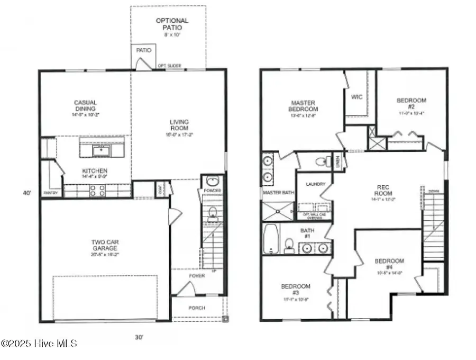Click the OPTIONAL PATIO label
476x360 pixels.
172,24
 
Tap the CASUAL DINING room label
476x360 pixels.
85,105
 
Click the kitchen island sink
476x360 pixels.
101,151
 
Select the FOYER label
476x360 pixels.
197,276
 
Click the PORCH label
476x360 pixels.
197,308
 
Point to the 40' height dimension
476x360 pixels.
27,193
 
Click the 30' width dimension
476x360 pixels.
139,337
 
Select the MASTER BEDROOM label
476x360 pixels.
303,105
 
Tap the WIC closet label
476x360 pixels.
356,97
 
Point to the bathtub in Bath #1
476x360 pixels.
270,239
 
